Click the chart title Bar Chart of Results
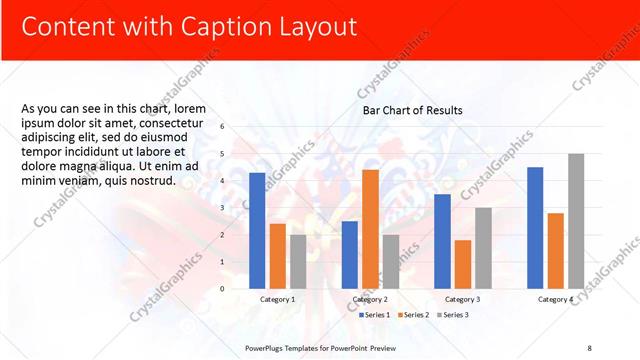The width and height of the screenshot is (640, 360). point(412,110)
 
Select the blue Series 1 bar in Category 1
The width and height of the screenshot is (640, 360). point(257,230)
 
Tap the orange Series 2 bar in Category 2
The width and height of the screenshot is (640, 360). point(370,229)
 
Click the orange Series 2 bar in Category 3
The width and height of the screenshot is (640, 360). point(463,264)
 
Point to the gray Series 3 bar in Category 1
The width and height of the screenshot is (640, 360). point(299,261)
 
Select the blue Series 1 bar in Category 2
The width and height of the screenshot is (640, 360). point(349,254)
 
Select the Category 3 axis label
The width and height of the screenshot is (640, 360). point(462,299)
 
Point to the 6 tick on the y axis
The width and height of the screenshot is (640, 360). point(222,127)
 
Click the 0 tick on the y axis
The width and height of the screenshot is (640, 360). point(222,288)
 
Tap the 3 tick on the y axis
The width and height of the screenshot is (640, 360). point(222,208)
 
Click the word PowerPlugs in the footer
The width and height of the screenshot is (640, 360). point(268,347)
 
